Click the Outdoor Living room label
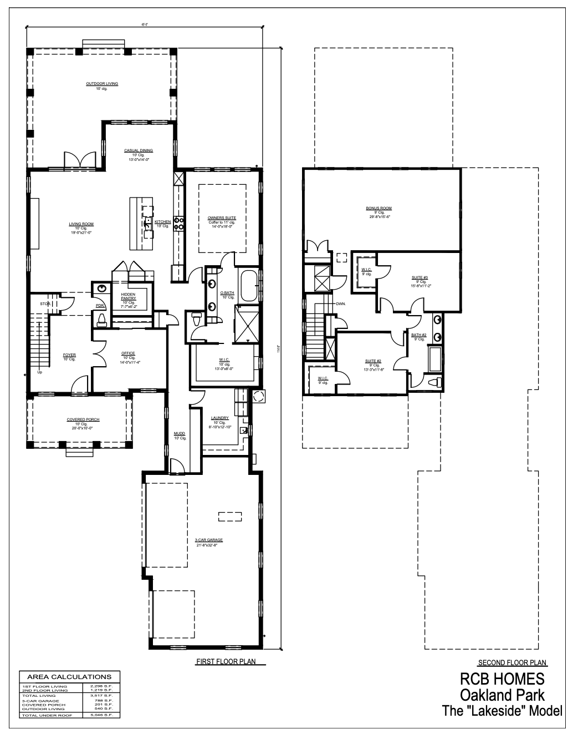click(102, 84)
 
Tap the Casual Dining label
click(139, 150)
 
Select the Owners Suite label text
click(222, 218)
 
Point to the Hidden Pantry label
click(128, 296)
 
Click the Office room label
click(128, 353)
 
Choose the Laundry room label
click(220, 418)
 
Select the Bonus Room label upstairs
click(378, 208)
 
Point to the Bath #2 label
click(418, 335)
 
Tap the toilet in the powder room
click(101, 318)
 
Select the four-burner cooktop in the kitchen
click(179, 223)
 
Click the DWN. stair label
click(340, 304)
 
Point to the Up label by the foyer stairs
click(39, 372)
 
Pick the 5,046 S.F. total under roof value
click(102, 716)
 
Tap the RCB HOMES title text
click(502, 679)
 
